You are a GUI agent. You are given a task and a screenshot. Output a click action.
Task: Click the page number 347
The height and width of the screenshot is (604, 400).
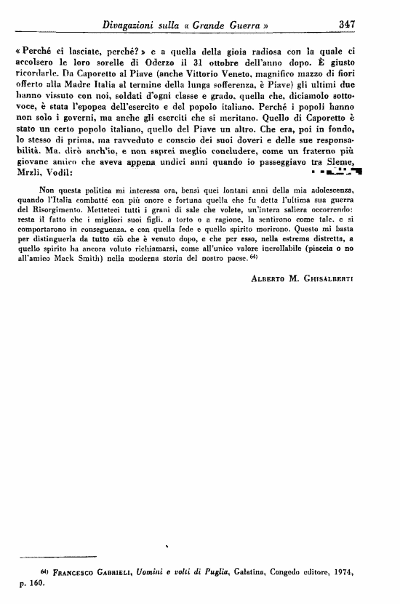pos(346,24)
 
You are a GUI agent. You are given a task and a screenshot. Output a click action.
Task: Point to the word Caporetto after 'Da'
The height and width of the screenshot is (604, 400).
pos(102,73)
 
